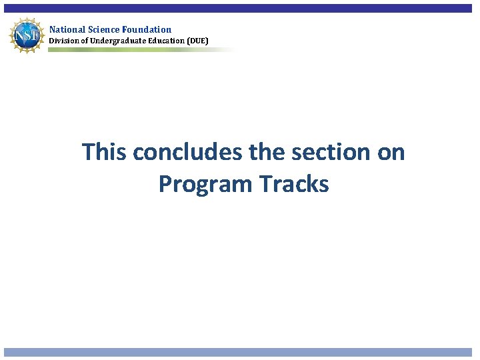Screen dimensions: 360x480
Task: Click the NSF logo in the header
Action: coord(25,34)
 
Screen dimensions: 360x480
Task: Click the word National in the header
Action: coord(65,29)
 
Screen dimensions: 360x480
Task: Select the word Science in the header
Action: coord(101,29)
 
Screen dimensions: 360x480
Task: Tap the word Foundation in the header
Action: coord(147,29)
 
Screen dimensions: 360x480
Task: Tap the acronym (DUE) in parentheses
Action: coord(197,41)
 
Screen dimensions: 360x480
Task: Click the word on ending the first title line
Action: coord(391,152)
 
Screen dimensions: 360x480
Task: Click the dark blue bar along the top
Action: coord(240,9)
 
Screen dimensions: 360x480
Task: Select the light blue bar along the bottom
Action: coord(240,352)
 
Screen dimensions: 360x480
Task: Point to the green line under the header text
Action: coord(133,50)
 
